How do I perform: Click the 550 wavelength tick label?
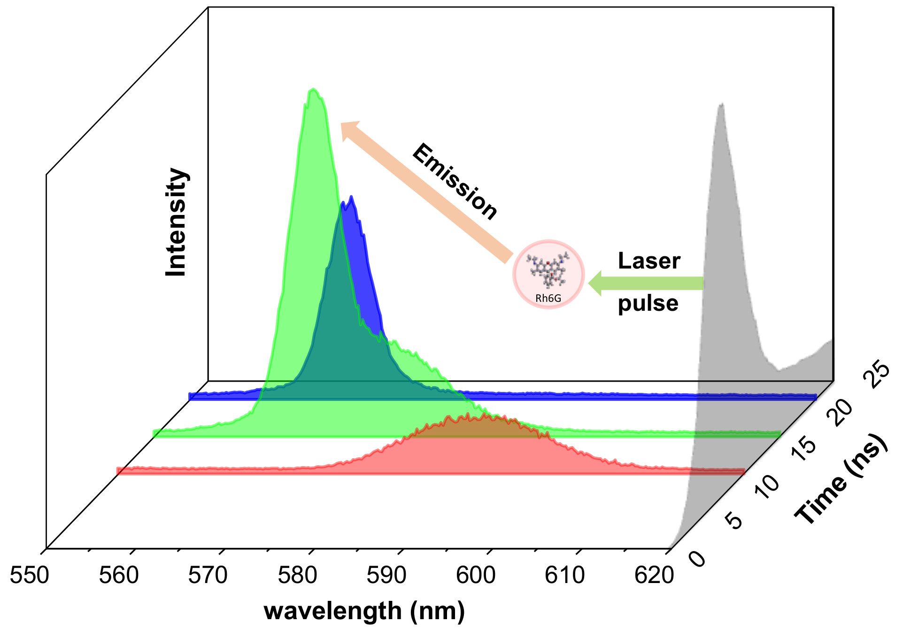tap(29, 576)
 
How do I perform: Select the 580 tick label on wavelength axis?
tap(297, 576)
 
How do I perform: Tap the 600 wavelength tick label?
tap(476, 576)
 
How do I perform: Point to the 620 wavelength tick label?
tap(654, 576)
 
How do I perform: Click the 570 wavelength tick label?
tap(208, 576)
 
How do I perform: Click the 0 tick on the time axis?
tap(698, 558)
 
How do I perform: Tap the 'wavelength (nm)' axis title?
tap(364, 611)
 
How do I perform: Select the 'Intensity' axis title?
tap(177, 222)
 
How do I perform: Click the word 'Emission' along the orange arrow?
tap(454, 182)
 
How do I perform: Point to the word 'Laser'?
tap(648, 261)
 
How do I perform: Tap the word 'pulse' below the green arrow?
tap(648, 303)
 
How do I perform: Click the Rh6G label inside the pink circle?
tap(548, 298)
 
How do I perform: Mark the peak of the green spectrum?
tap(313, 89)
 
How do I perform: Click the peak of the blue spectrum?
tap(351, 197)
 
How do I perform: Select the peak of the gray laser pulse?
tap(721, 104)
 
